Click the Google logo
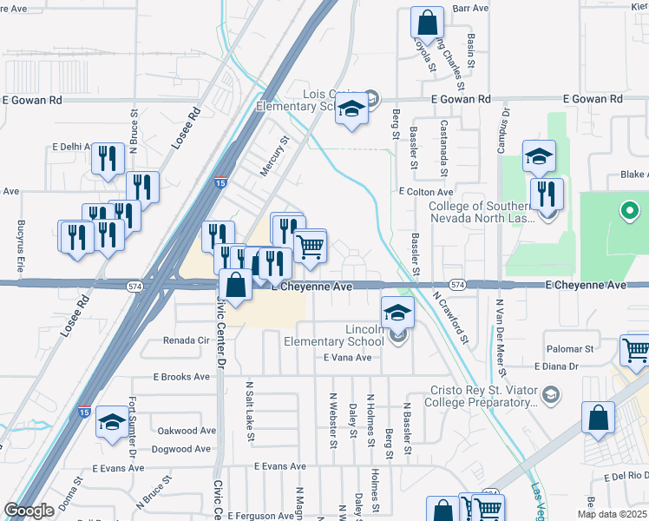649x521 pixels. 29,511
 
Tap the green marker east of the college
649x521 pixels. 630,211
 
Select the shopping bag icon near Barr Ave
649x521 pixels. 428,22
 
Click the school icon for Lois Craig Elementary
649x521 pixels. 351,111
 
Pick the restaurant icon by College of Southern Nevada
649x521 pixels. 547,193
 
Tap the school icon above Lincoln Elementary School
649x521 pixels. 397,313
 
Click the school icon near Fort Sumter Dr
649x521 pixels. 111,423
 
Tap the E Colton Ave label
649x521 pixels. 426,191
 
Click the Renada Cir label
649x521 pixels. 187,340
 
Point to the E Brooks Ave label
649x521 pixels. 181,377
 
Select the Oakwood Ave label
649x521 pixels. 187,431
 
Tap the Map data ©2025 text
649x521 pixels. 613,514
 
